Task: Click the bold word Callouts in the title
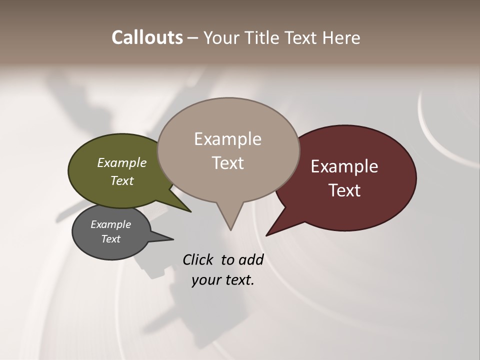coord(147,37)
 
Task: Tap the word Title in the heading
coord(259,37)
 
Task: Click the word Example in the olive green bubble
coord(122,162)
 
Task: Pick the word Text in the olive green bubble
coord(122,180)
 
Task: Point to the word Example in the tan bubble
coord(227,139)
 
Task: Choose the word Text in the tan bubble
coord(227,163)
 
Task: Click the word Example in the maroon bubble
coord(344,166)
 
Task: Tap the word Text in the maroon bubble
coord(344,190)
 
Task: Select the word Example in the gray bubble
coord(110,224)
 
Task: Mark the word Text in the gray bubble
coord(110,239)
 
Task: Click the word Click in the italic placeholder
coord(198,259)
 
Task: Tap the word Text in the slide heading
coord(301,37)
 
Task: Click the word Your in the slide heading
coord(220,37)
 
